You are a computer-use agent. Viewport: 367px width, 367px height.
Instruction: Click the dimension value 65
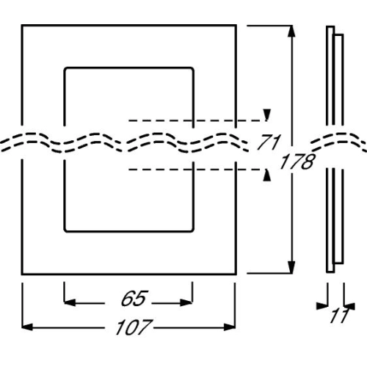click(x=134, y=298)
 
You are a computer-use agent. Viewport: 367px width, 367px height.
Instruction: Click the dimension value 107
click(x=134, y=327)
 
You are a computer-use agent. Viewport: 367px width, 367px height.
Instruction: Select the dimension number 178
click(x=297, y=161)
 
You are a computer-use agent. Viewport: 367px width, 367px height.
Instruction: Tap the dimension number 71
click(x=269, y=142)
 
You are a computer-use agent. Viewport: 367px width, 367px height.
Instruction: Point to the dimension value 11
click(x=340, y=316)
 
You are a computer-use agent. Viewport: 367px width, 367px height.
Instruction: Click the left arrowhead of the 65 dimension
click(x=70, y=302)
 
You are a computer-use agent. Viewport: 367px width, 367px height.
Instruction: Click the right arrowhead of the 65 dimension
click(x=186, y=302)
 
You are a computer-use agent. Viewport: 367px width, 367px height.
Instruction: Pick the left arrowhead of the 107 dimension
click(x=27, y=327)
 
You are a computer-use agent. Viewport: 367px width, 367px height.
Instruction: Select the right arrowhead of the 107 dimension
click(x=230, y=327)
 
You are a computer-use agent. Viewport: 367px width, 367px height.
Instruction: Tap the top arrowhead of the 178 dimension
click(x=291, y=32)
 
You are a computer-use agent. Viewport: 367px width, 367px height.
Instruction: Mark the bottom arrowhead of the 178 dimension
click(x=291, y=267)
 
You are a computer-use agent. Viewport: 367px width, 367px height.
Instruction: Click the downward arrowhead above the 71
click(x=267, y=115)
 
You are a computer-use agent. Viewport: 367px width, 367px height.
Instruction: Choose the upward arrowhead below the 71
click(x=267, y=175)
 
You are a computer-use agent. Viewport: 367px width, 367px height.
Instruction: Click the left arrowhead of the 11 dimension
click(x=322, y=306)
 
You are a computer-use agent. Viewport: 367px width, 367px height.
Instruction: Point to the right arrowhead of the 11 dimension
click(x=349, y=306)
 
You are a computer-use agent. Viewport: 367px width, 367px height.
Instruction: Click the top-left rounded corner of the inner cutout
click(x=65, y=68)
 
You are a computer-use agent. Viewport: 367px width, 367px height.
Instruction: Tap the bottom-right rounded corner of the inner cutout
click(x=192, y=230)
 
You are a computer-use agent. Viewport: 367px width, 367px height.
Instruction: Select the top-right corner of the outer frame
click(x=236, y=25)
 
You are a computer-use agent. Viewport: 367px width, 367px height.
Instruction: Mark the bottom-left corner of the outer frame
click(x=22, y=274)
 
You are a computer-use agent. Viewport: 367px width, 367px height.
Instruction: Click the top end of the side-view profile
click(x=330, y=26)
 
